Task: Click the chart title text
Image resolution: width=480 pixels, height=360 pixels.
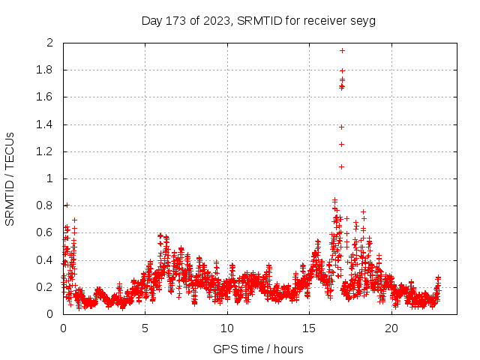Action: pos(258,20)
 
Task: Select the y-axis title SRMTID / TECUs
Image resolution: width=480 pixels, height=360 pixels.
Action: pos(10,178)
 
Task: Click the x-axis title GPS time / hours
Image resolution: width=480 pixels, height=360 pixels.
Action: pos(258,349)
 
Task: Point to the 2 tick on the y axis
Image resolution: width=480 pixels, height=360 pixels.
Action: pos(50,43)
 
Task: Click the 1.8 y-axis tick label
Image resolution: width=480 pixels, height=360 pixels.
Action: pos(46,70)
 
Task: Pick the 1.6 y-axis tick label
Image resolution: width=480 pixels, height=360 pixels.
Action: pos(46,97)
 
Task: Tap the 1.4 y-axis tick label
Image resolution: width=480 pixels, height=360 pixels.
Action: pos(46,124)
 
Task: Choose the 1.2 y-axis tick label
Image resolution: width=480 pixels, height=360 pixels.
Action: pos(46,151)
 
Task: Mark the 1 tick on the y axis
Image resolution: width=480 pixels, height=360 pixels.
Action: pos(50,178)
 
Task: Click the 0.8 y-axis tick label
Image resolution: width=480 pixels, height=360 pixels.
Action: pos(46,205)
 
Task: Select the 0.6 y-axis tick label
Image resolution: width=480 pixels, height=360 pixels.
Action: pos(46,232)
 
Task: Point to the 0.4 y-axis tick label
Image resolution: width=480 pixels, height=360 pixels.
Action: pos(46,260)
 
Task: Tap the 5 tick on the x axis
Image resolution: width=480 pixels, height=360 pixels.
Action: pos(145,328)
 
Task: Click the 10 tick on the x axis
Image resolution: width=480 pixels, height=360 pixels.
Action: pos(227,328)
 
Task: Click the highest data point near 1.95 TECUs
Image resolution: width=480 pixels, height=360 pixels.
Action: pos(342,50)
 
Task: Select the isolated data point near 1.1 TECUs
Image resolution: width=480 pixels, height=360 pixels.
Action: pos(341,166)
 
